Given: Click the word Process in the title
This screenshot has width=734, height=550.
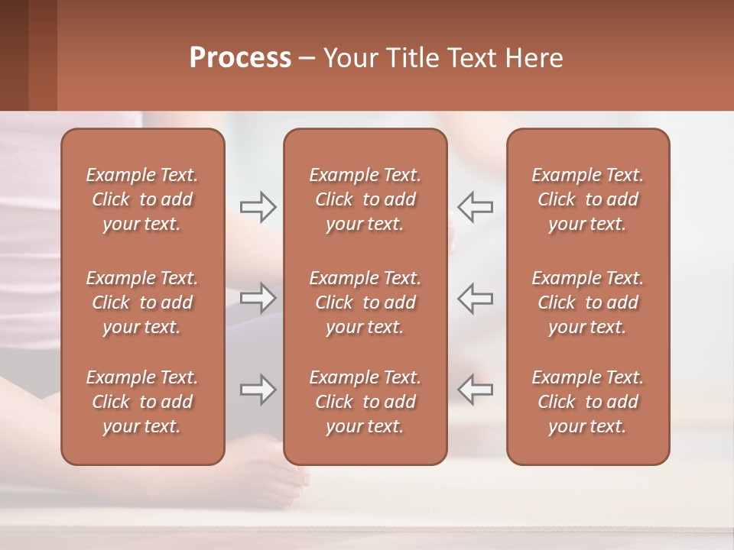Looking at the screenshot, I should [240, 58].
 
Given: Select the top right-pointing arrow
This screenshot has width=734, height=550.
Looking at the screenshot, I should [258, 207].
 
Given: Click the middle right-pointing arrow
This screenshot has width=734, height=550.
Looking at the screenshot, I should [258, 298].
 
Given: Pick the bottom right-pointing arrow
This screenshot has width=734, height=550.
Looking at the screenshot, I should [258, 390].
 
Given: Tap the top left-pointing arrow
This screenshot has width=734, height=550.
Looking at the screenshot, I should [475, 207].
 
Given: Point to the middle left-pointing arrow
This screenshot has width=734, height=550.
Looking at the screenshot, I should [475, 298].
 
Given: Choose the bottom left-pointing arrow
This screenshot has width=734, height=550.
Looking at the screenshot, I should [475, 390].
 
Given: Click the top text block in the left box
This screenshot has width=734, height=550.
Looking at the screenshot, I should [142, 199].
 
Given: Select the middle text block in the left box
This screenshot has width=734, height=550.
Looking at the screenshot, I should [142, 302].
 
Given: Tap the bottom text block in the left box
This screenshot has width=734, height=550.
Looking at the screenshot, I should [142, 402].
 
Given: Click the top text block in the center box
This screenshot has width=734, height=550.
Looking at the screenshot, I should [365, 199].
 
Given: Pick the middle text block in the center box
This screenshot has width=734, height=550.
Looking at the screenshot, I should [365, 302].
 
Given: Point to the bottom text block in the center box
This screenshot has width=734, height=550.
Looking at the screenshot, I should [365, 402].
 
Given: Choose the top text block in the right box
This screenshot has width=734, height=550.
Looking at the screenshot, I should [588, 199].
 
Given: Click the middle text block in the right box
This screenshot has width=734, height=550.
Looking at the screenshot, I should [588, 302].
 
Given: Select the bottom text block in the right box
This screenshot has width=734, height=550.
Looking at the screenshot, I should [588, 402].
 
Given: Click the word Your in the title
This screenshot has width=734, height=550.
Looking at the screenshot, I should [349, 58].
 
